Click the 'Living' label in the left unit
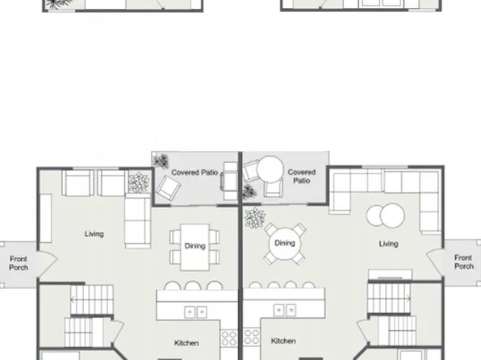[x=94, y=234]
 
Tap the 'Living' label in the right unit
[x=389, y=243]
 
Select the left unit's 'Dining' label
[x=194, y=246]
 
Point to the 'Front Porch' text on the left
[x=19, y=263]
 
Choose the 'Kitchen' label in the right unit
[x=283, y=341]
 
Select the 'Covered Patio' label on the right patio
[x=302, y=176]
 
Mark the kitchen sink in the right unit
[x=283, y=309]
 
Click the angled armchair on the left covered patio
[x=169, y=188]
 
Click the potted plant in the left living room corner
[x=140, y=183]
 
